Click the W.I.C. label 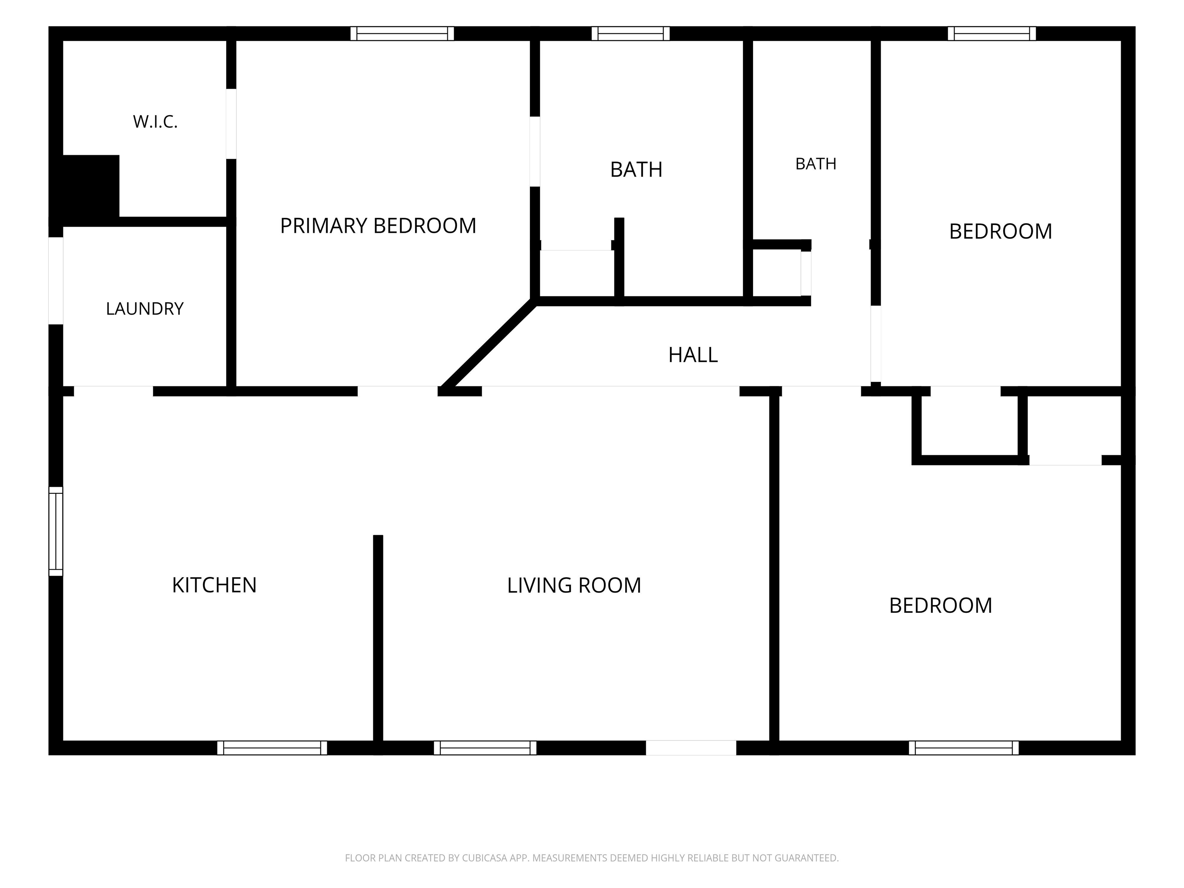[x=155, y=122]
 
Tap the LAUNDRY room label [x=145, y=309]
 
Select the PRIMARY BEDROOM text [x=378, y=226]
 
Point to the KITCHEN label [x=214, y=585]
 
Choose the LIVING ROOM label [x=574, y=585]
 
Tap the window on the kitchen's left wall [x=55, y=531]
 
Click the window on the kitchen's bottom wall [x=272, y=748]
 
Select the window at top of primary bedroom [x=402, y=33]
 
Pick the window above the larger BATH [x=631, y=33]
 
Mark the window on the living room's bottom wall [x=485, y=748]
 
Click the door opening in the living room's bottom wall [x=691, y=748]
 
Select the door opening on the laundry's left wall [x=55, y=281]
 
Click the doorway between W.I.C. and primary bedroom [x=231, y=124]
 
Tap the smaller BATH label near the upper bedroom [x=816, y=164]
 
